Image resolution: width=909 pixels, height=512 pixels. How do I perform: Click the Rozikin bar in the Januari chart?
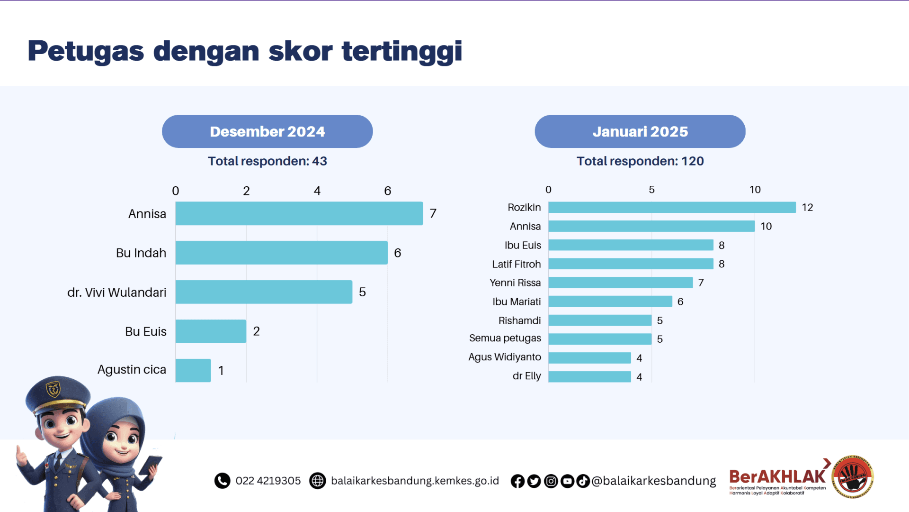coord(672,207)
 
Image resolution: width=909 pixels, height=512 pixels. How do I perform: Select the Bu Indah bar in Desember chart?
coord(281,253)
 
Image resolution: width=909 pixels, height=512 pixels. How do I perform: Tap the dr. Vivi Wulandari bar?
coord(264,292)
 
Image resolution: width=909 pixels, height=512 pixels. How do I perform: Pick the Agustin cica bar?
coord(193,370)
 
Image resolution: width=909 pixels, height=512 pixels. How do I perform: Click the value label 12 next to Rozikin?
coord(807,207)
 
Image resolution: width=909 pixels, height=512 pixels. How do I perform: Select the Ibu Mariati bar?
coord(610,302)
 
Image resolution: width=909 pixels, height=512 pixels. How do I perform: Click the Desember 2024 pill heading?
coord(267,131)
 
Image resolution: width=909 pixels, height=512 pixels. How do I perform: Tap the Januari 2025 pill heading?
coord(640,131)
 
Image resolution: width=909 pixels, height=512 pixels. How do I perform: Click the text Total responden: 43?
coord(267,161)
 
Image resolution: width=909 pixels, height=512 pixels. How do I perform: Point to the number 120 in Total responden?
coord(692,161)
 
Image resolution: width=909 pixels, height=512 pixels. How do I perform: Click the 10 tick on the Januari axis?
coord(755,190)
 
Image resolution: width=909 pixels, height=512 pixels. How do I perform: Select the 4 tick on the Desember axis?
coord(317,191)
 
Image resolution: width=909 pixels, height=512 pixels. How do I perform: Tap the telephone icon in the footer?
coord(222,481)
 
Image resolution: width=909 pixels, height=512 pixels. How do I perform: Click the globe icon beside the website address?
coord(317,481)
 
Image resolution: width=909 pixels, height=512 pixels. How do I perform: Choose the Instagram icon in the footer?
coord(551,481)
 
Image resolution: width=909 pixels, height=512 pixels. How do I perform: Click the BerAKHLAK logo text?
coord(777,476)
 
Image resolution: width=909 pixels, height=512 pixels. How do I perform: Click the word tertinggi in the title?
coord(401,51)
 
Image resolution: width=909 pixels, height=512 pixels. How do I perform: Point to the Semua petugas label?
coord(505,338)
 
